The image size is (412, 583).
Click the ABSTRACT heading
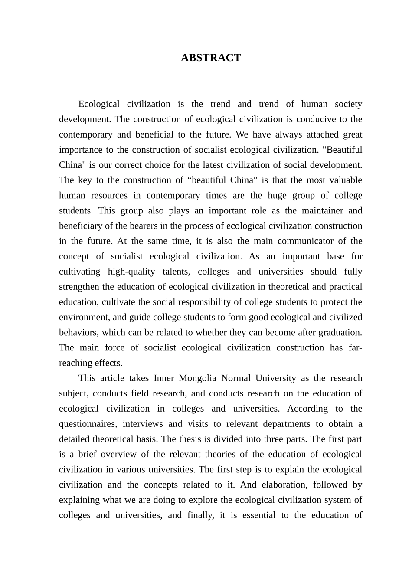[x=210, y=58]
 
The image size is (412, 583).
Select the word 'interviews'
[x=143, y=424]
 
